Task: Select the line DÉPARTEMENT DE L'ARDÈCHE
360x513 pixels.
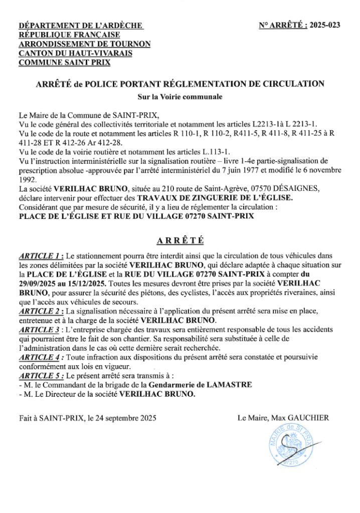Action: (x=81, y=25)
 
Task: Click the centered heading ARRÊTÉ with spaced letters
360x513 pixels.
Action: (x=180, y=240)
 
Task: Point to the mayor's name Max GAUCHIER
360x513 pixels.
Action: (x=307, y=417)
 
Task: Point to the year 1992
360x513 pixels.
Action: (x=27, y=179)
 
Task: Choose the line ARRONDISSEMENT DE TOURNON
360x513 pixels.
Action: (x=84, y=44)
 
